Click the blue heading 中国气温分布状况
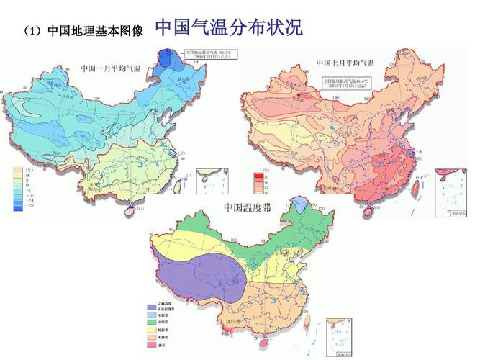pos(228,29)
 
